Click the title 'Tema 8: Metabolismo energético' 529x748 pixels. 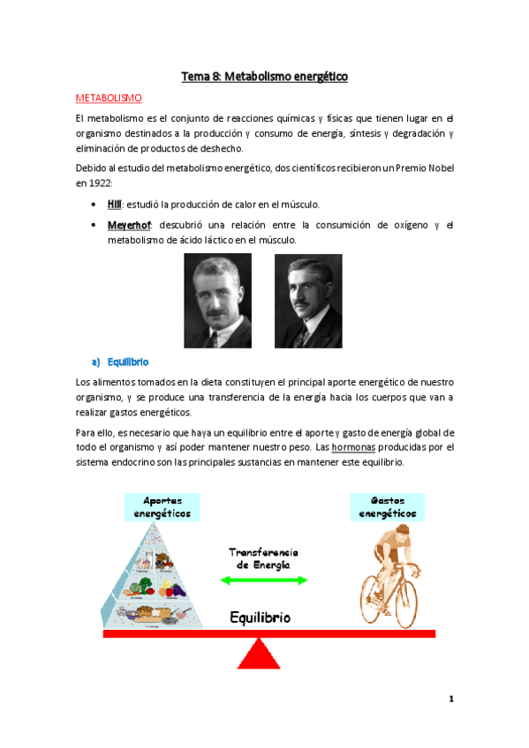pyautogui.click(x=264, y=77)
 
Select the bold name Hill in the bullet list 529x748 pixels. pyautogui.click(x=114, y=205)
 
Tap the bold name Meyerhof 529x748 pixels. pyautogui.click(x=127, y=224)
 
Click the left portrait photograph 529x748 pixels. pyautogui.click(x=217, y=300)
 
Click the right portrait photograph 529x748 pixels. pyautogui.click(x=308, y=300)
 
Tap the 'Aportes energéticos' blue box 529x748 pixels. pyautogui.click(x=162, y=505)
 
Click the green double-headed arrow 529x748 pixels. pyautogui.click(x=264, y=580)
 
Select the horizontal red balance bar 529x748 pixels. pyautogui.click(x=177, y=633)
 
